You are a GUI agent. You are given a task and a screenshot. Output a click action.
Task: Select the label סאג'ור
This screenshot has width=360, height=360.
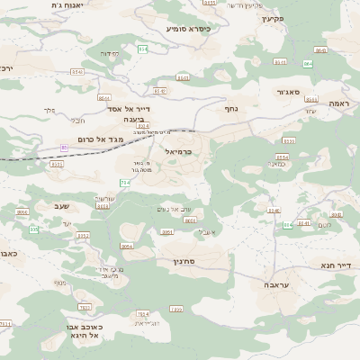[x=288, y=92]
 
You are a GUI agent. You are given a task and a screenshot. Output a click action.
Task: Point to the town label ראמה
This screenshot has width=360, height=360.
[x=338, y=103]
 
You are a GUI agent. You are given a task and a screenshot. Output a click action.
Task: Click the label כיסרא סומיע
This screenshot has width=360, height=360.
[x=187, y=29]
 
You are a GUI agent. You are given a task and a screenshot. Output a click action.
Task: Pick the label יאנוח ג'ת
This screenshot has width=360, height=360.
[x=67, y=5]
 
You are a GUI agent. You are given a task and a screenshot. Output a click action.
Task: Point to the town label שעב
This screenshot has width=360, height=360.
[x=61, y=206]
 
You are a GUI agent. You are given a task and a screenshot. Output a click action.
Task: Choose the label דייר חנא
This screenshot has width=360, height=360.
[x=334, y=266]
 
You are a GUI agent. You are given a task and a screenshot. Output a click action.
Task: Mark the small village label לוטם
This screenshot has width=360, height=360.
[x=324, y=225]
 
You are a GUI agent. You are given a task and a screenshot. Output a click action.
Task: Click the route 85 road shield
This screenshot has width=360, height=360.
[x=64, y=147]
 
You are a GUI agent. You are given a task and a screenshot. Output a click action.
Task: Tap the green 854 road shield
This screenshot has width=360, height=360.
[x=142, y=49]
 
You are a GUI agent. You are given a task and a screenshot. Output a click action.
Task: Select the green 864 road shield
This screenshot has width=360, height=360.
[x=308, y=63]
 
